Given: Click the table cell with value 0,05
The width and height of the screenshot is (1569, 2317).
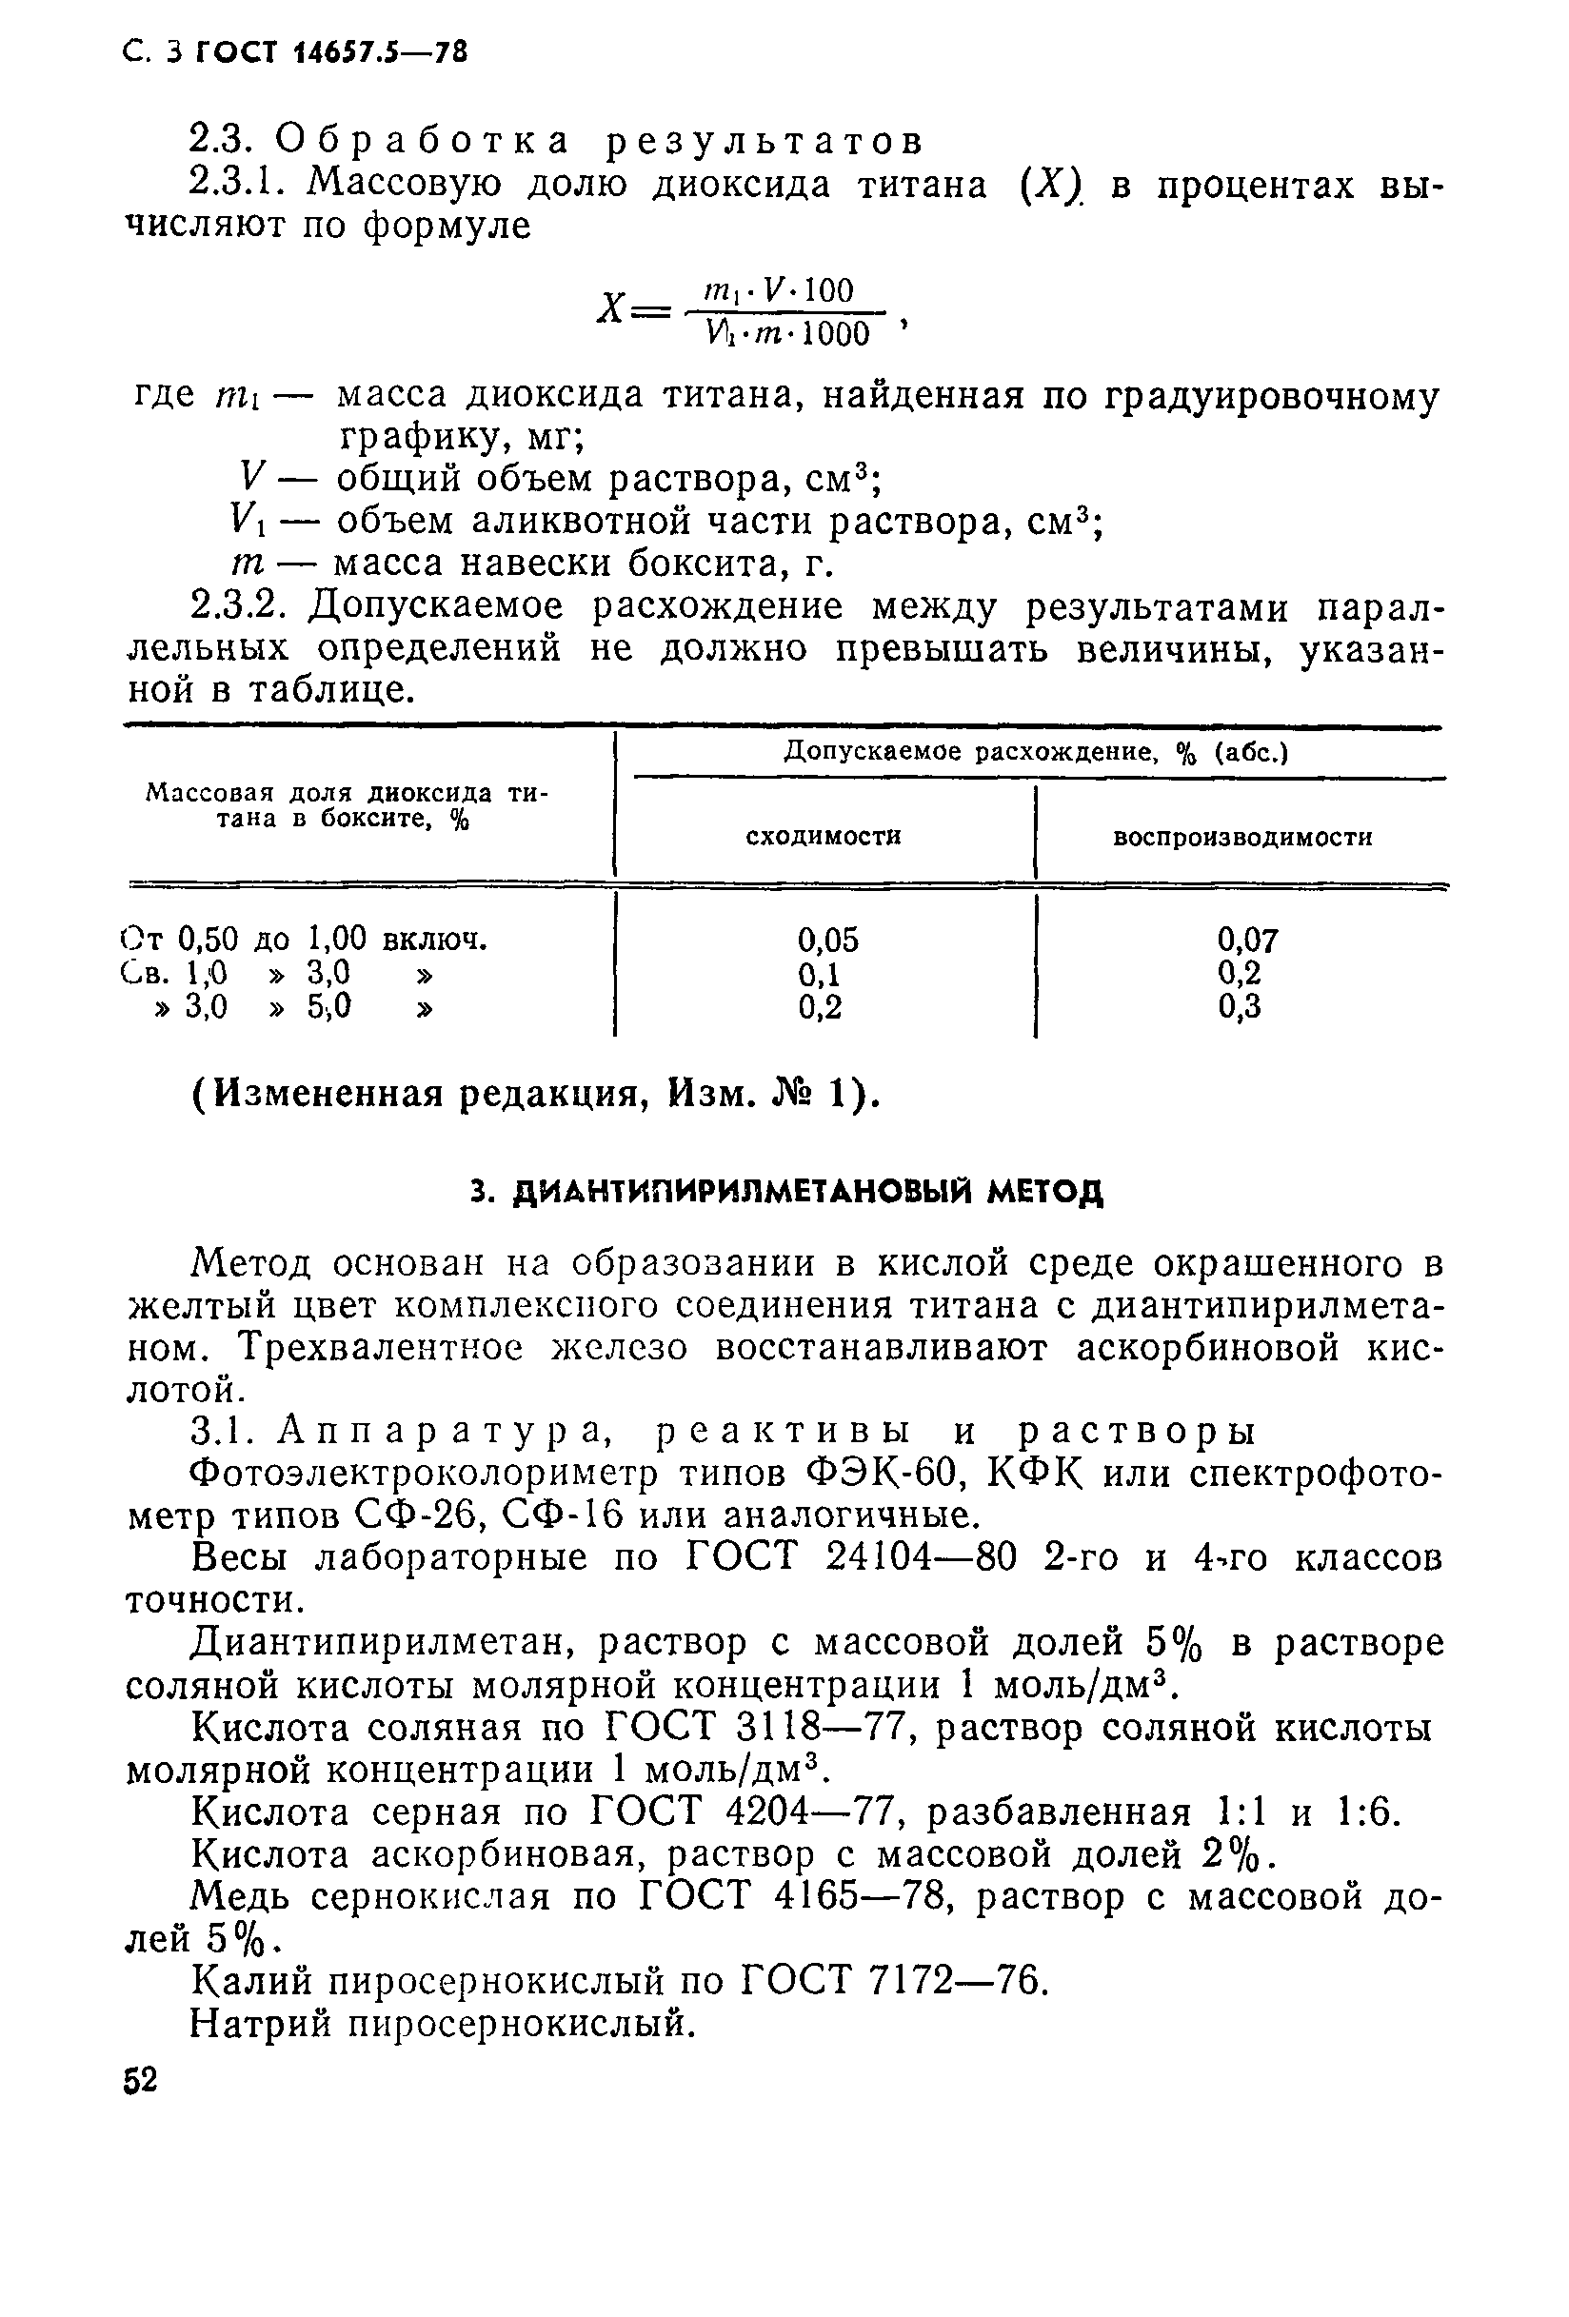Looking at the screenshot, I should pyautogui.click(x=827, y=940).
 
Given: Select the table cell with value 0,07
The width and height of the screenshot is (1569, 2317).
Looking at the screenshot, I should pyautogui.click(x=1247, y=940).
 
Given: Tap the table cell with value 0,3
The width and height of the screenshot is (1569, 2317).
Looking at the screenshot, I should pyautogui.click(x=1239, y=1007).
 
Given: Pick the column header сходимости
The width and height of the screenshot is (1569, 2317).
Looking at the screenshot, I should pyautogui.click(x=824, y=837).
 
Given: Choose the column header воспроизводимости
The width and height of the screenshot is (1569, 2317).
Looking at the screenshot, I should pyautogui.click(x=1242, y=838).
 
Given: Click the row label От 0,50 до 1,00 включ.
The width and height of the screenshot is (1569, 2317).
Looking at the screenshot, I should pyautogui.click(x=303, y=940).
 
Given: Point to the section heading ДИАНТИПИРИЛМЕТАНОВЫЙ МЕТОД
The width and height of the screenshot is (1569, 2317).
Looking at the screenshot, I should pyautogui.click(x=786, y=1193).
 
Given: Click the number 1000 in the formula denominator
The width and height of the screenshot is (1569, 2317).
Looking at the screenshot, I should pyautogui.click(x=835, y=334).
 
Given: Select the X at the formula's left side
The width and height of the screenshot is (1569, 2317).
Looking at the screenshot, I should pyautogui.click(x=610, y=309).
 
